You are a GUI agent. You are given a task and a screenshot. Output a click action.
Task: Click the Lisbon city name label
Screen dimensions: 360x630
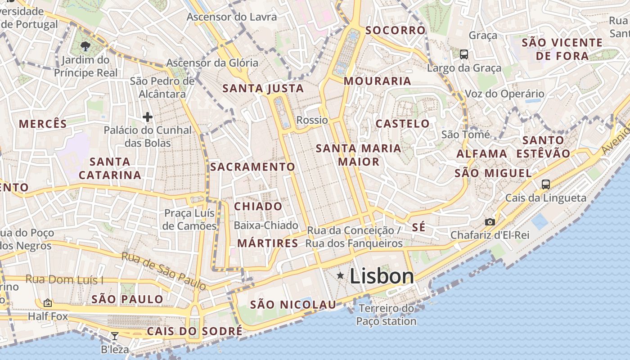pyautogui.click(x=382, y=276)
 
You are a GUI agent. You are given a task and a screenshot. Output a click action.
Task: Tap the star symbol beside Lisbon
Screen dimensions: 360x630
pyautogui.click(x=341, y=275)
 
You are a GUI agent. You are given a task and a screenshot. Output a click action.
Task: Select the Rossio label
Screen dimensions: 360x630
pyautogui.click(x=312, y=120)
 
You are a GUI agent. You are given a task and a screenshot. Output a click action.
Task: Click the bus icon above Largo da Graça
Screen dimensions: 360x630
pyautogui.click(x=464, y=54)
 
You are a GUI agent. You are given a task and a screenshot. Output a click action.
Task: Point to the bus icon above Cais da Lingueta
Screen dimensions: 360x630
pyautogui.click(x=546, y=184)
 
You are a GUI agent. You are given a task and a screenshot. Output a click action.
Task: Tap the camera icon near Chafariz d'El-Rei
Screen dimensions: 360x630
pyautogui.click(x=490, y=222)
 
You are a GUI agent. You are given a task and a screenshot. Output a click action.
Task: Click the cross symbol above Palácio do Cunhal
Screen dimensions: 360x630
pyautogui.click(x=148, y=117)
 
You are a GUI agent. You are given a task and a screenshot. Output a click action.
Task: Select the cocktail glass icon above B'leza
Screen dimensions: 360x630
pyautogui.click(x=115, y=336)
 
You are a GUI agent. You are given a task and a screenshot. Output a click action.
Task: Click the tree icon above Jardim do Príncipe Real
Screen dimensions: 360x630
pyautogui.click(x=85, y=45)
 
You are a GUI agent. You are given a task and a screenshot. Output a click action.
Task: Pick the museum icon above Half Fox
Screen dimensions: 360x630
pyautogui.click(x=48, y=303)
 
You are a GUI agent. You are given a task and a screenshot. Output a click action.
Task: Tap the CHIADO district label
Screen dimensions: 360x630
pyautogui.click(x=258, y=207)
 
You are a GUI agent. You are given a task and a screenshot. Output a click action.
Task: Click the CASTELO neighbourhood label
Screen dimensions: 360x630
pyautogui.click(x=403, y=124)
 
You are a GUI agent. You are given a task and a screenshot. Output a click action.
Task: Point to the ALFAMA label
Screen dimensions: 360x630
pyautogui.click(x=482, y=154)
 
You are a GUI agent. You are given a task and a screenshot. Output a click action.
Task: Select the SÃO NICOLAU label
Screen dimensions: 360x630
pyautogui.click(x=293, y=305)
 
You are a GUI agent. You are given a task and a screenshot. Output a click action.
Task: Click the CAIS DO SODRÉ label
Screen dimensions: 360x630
pyautogui.click(x=195, y=332)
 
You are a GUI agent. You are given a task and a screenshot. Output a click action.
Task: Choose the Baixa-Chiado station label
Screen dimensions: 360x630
pyautogui.click(x=266, y=225)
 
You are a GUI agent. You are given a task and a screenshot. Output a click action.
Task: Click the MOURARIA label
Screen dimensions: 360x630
pyautogui.click(x=378, y=81)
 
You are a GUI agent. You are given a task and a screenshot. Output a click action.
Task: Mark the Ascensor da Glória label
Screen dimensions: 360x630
pyautogui.click(x=212, y=63)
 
